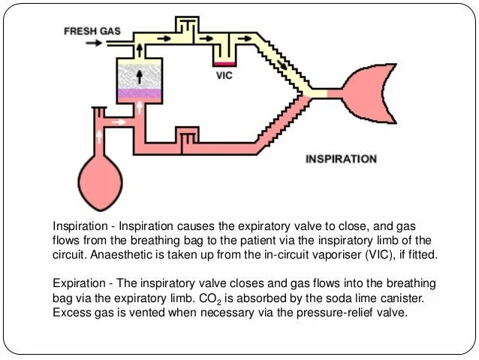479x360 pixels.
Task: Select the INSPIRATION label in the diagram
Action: click(x=341, y=159)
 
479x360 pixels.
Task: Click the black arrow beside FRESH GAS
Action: click(x=93, y=43)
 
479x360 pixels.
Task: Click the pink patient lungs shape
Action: click(x=368, y=93)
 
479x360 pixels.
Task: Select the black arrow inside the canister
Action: click(x=139, y=76)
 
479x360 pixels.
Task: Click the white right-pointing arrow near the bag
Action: click(x=118, y=119)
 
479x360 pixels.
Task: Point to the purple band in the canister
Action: click(x=139, y=95)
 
